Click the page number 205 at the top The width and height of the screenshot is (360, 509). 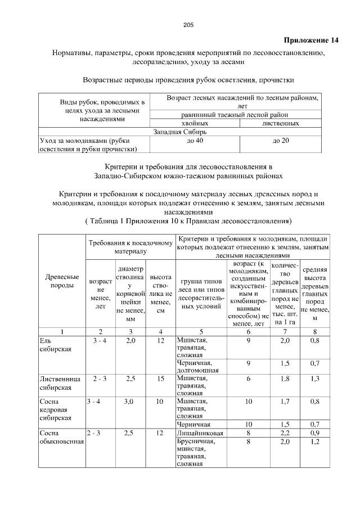coord(188,24)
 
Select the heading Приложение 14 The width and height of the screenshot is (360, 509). coord(311,40)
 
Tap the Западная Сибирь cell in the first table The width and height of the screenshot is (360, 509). coord(179,132)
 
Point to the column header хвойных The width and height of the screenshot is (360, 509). coord(195,123)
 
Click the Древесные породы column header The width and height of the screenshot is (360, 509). coord(61,281)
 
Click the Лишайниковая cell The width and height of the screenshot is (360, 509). coord(200,433)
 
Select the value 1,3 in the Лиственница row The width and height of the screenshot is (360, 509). coord(315,379)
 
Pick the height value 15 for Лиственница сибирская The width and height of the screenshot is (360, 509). coord(161,379)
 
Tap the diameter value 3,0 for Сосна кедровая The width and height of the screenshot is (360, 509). coord(130,402)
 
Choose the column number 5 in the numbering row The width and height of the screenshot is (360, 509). coord(201,331)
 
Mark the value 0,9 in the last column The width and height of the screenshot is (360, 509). coord(315,433)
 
